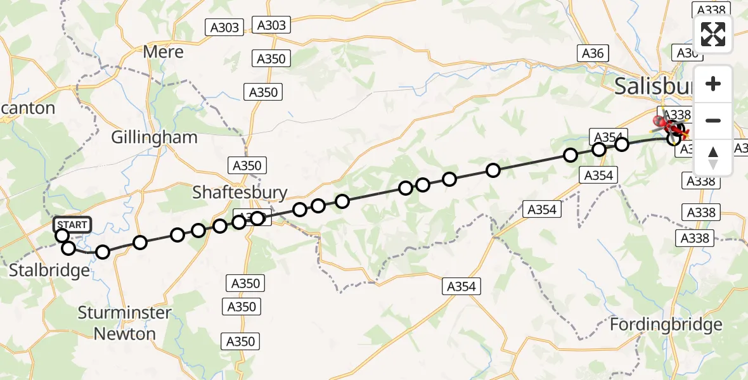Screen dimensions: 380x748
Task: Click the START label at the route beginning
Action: point(72,225)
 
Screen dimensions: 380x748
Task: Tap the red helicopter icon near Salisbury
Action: point(661,120)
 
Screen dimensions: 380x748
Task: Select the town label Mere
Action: point(163,51)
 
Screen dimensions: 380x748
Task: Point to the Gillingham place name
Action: point(154,137)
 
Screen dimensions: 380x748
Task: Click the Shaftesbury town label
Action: point(240,193)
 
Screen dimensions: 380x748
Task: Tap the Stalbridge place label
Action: point(49,271)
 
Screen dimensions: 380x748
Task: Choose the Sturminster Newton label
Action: point(124,323)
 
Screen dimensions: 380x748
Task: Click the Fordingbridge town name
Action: point(666,325)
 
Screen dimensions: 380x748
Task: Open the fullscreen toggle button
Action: point(713,34)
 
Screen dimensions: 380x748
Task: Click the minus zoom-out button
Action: point(713,120)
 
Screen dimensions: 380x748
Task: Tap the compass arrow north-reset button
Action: point(713,157)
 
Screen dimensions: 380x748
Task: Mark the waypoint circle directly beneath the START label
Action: point(62,236)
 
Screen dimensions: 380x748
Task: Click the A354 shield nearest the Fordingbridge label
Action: point(461,286)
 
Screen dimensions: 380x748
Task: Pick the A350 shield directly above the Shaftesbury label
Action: point(246,166)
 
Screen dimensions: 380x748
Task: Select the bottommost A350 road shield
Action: point(242,341)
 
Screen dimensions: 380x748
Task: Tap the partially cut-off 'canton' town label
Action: point(28,108)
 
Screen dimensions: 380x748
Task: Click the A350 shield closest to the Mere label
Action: point(271,59)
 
